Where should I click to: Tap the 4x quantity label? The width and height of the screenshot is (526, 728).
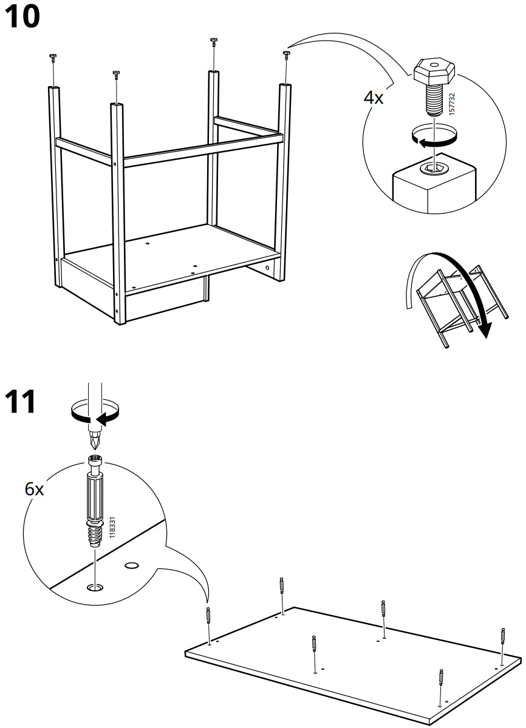[374, 98]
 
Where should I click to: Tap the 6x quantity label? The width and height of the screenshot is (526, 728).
[35, 489]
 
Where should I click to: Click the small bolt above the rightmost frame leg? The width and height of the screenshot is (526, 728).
[285, 55]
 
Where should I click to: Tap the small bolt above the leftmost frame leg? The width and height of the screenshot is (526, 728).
[53, 57]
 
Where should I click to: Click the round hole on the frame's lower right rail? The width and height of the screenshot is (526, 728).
[267, 268]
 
